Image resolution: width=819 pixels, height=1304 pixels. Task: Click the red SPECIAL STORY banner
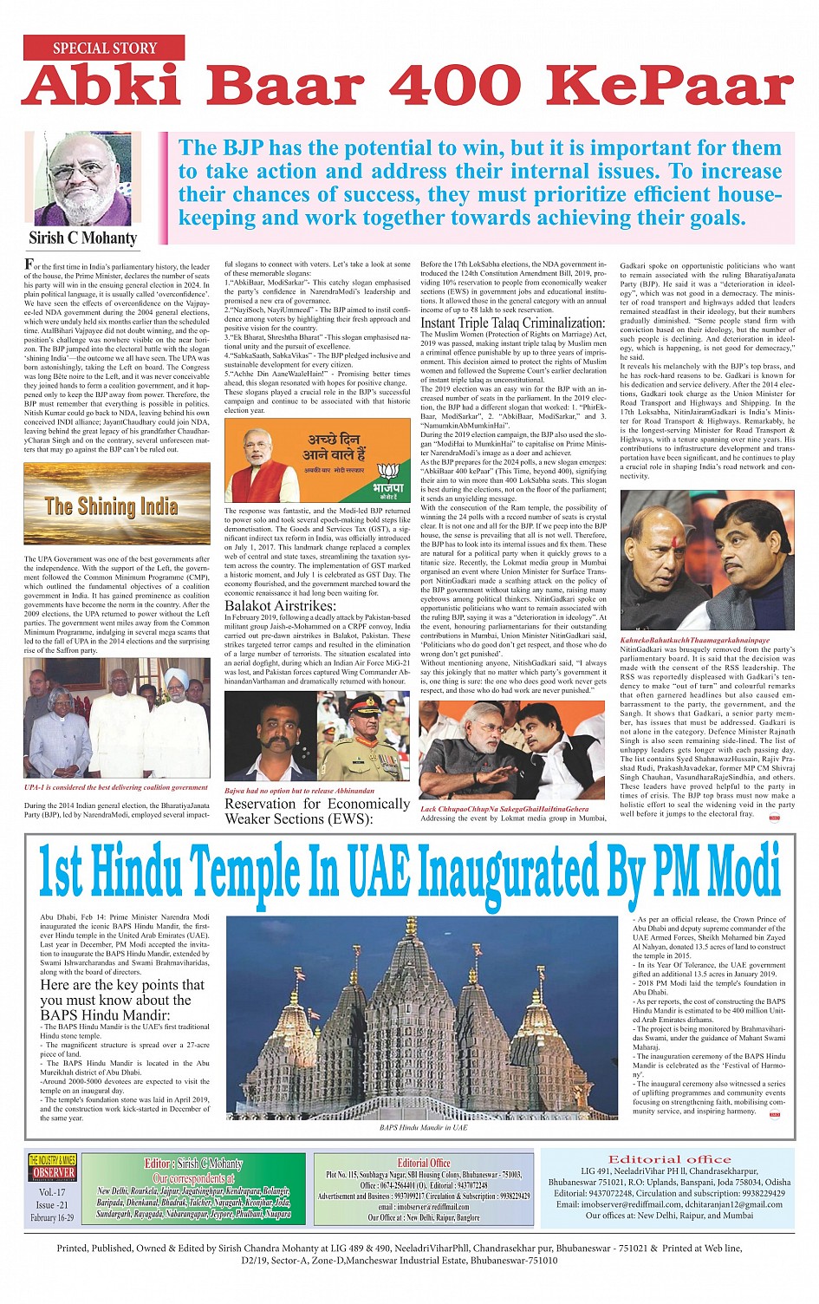(x=104, y=49)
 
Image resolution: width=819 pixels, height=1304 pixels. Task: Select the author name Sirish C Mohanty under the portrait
(x=83, y=238)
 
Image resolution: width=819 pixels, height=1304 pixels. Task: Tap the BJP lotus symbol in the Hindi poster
(x=388, y=474)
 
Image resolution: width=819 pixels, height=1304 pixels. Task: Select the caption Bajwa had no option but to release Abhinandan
(x=300, y=791)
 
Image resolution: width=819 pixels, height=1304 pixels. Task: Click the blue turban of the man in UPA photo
(x=177, y=676)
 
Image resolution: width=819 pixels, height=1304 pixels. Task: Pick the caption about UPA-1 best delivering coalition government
(x=116, y=787)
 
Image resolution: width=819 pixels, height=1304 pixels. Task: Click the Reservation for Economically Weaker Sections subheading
(x=316, y=811)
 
